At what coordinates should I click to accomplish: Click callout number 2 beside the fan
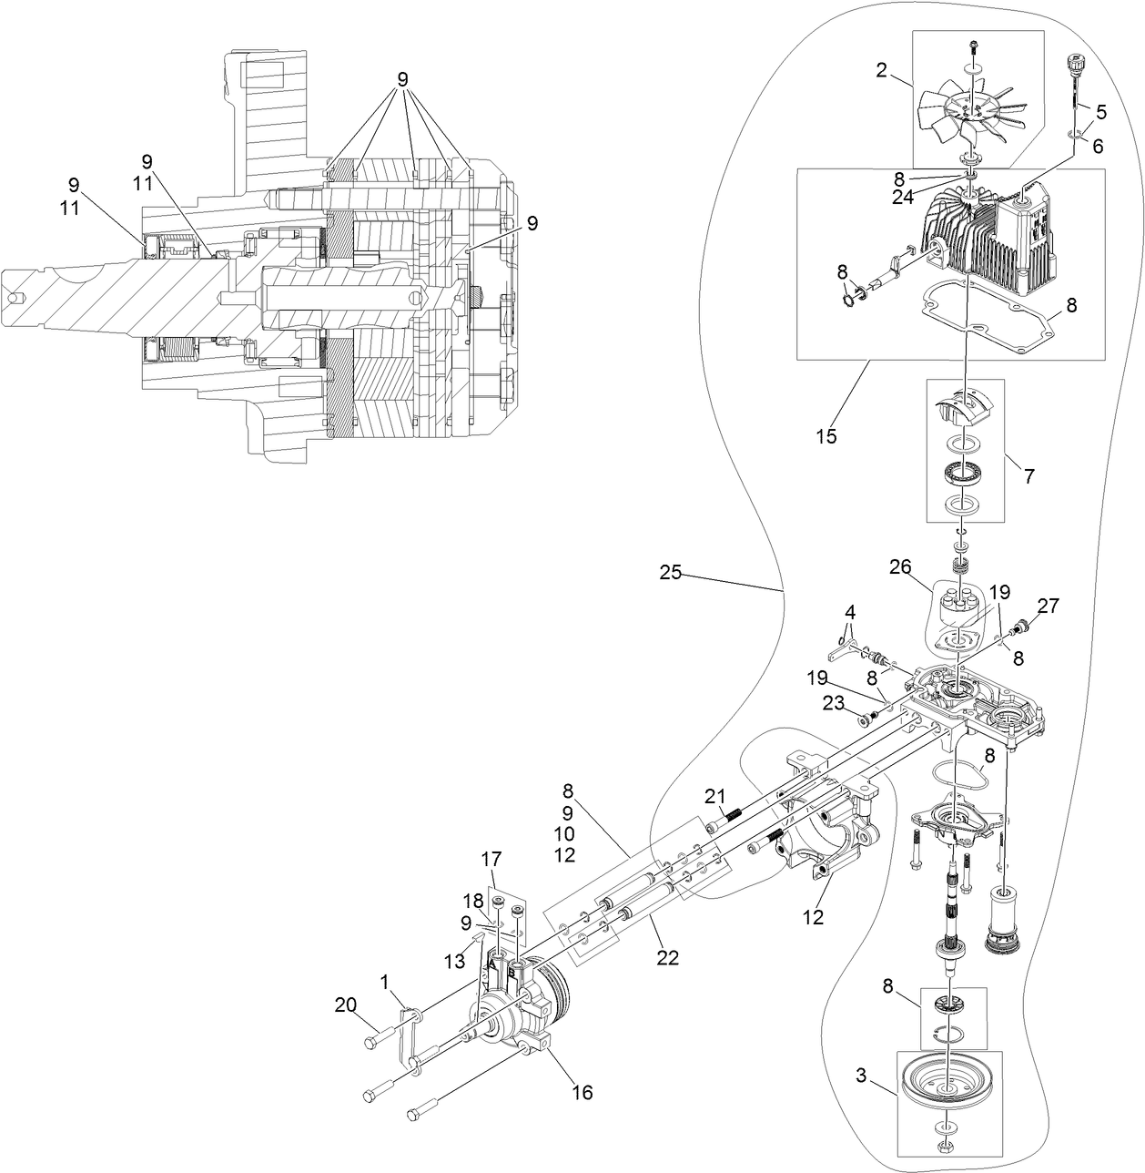[x=881, y=71]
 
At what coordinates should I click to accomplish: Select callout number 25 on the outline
[x=670, y=573]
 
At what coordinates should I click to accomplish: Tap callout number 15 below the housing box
[x=826, y=436]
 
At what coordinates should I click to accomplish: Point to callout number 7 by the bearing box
[x=1028, y=475]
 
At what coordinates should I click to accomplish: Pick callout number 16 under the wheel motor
[x=582, y=1092]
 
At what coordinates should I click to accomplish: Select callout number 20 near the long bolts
[x=345, y=1005]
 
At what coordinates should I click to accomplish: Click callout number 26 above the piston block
[x=900, y=567]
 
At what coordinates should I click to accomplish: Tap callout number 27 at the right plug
[x=1048, y=605]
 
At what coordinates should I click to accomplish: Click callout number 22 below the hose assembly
[x=668, y=959]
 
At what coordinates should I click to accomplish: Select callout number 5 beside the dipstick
[x=1100, y=112]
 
